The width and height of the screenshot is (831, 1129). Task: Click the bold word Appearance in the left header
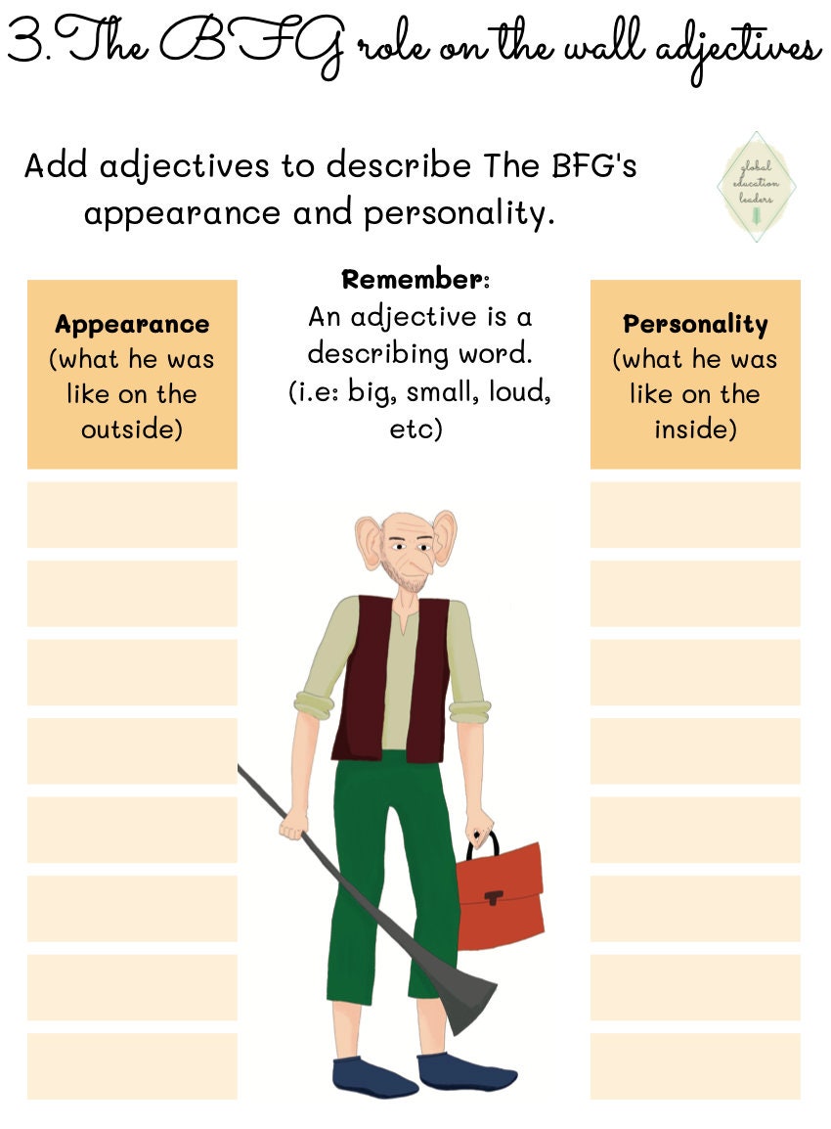132,324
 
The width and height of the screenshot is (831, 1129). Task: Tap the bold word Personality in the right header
695,324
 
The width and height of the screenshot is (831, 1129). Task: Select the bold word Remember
415,280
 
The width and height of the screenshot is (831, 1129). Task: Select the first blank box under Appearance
132,515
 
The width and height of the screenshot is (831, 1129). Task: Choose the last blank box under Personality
695,1065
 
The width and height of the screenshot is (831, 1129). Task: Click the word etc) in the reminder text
416,429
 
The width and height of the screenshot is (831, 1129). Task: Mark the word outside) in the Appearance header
132,429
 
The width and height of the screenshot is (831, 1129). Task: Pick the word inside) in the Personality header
695,429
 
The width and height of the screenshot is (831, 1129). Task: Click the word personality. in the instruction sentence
459,213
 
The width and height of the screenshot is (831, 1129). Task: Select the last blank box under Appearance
132,1065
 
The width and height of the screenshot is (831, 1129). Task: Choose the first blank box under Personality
695,515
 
